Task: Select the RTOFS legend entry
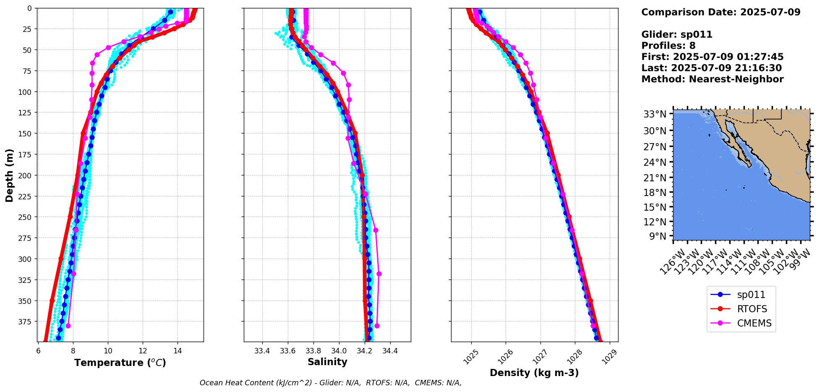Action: (x=752, y=309)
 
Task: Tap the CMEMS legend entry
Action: (x=754, y=323)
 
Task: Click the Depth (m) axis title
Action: (x=9, y=175)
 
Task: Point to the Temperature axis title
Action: (x=120, y=363)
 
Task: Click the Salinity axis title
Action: (x=327, y=362)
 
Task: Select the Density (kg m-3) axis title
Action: (x=534, y=373)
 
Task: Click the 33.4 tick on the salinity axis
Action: (x=262, y=351)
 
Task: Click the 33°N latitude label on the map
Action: (x=655, y=114)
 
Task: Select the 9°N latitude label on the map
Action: (x=658, y=236)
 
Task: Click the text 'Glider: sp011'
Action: (x=676, y=34)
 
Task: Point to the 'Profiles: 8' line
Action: (x=668, y=46)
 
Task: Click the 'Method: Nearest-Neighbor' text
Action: (x=712, y=79)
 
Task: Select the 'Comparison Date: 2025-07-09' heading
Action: (x=720, y=12)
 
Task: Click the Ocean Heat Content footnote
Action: (x=330, y=383)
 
